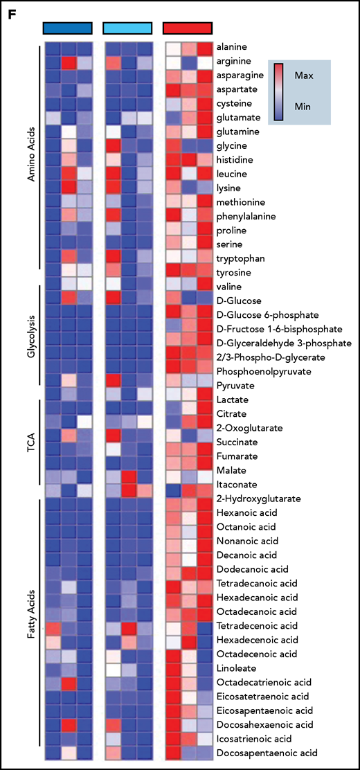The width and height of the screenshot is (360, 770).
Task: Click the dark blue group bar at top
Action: tap(67, 27)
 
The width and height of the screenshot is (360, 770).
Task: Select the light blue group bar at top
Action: tap(127, 27)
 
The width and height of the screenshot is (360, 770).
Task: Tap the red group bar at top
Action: tap(187, 27)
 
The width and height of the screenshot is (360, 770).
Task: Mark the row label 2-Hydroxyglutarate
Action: tap(258, 497)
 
